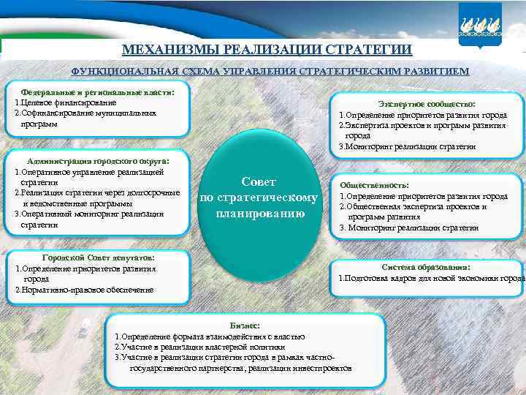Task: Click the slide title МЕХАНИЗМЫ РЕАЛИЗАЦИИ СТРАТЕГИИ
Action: click(x=267, y=50)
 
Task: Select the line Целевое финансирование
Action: click(x=66, y=103)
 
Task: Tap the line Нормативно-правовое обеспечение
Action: click(x=84, y=290)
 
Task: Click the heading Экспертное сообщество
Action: click(x=427, y=105)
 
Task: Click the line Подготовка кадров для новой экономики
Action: click(x=431, y=278)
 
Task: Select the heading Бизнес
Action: click(x=245, y=325)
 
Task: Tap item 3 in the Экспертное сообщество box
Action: click(x=407, y=146)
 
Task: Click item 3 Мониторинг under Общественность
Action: click(x=409, y=227)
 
